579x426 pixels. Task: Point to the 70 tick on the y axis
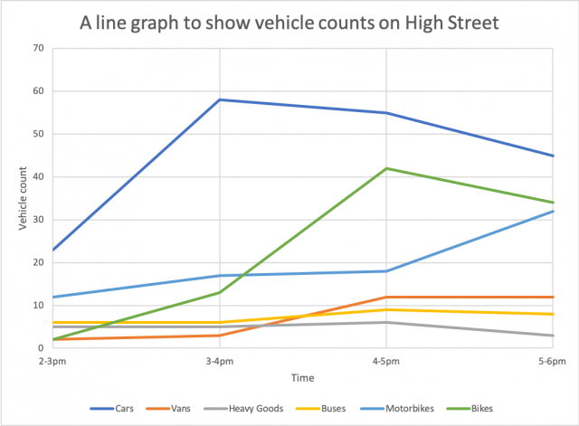(x=38, y=48)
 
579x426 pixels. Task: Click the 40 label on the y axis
(x=38, y=177)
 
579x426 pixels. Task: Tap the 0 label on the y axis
(x=41, y=348)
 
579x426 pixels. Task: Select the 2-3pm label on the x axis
(x=52, y=360)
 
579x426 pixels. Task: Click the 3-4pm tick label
(x=219, y=360)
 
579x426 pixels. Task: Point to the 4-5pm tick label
(x=386, y=360)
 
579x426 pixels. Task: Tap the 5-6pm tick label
(x=552, y=360)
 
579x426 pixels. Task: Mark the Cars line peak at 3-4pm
(x=219, y=99)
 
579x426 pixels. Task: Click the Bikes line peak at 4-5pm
(x=386, y=168)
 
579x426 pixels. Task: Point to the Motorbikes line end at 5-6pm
(x=553, y=211)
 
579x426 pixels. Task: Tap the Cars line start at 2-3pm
(x=52, y=250)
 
